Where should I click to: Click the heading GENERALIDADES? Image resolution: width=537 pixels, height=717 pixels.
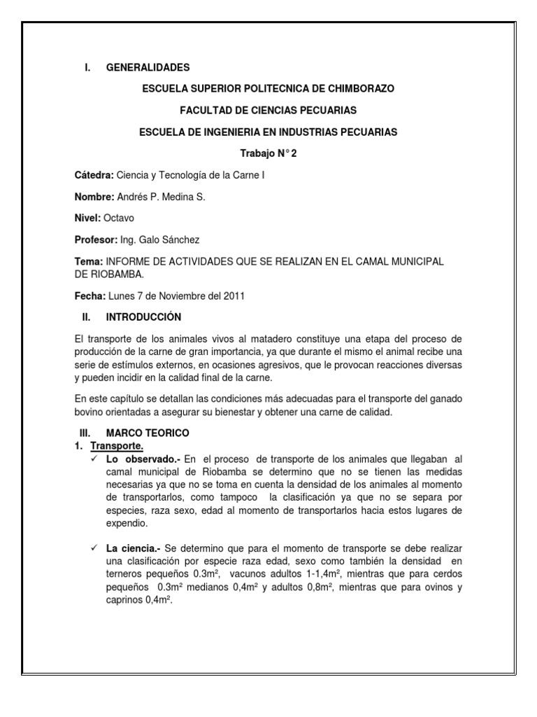(148, 68)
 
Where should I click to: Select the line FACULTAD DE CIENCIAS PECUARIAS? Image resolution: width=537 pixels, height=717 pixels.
(268, 111)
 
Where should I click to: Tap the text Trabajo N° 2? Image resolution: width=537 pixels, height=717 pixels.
(268, 153)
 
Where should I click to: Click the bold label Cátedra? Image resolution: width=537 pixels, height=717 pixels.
(94, 175)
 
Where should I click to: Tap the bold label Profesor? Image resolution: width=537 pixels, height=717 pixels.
(95, 239)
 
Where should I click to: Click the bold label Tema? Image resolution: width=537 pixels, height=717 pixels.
(88, 261)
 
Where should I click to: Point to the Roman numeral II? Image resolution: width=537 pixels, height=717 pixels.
(86, 317)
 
